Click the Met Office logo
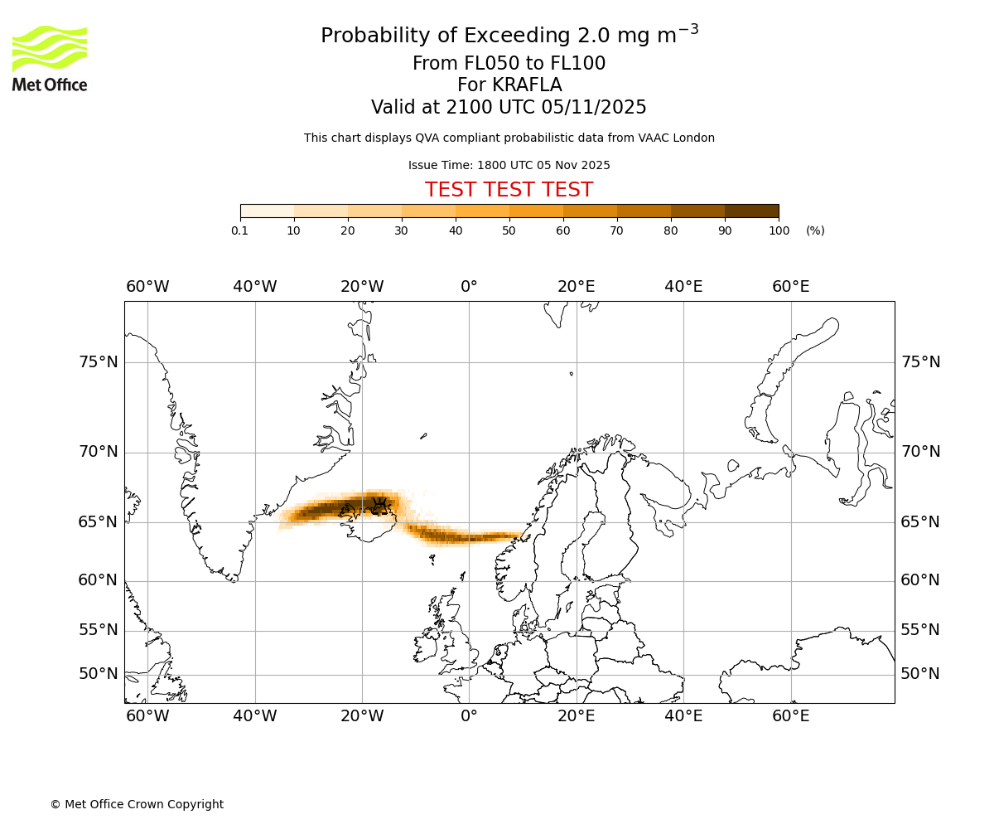tap(50, 58)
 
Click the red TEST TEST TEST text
tap(509, 190)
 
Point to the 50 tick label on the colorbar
tap(509, 230)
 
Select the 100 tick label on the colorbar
tap(779, 230)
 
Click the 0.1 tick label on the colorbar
tap(239, 230)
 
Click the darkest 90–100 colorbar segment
tap(751, 211)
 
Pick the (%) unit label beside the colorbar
tap(815, 230)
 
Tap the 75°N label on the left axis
tap(98, 362)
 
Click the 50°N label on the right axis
tap(920, 674)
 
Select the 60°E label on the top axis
tap(790, 287)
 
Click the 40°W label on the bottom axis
tap(254, 716)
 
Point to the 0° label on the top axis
tap(469, 287)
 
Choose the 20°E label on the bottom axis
tap(576, 716)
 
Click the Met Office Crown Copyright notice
tap(137, 804)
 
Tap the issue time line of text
tap(509, 165)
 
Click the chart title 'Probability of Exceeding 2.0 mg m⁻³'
tap(509, 36)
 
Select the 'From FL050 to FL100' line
tap(509, 64)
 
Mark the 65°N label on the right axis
tap(920, 522)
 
